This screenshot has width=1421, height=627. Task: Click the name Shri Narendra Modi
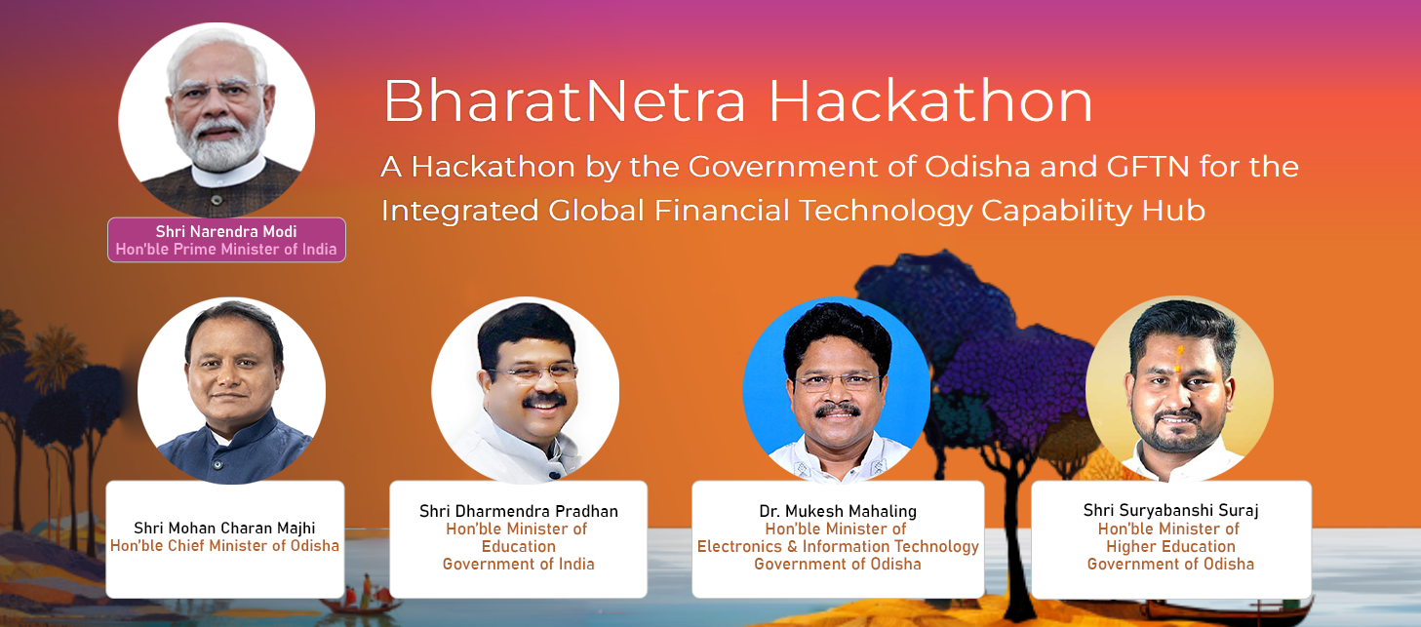tap(226, 231)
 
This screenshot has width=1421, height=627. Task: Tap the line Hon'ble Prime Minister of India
tap(226, 250)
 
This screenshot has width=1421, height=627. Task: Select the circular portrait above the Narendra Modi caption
tap(217, 119)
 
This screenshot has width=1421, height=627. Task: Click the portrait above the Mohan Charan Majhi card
tap(231, 390)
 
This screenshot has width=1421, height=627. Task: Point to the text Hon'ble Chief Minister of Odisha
tap(224, 546)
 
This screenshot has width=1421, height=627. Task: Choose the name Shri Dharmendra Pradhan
tap(519, 511)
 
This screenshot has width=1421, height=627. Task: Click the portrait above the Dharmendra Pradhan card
tap(525, 390)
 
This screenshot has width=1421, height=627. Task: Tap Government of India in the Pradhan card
tap(519, 565)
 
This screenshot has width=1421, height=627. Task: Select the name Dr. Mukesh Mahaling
tap(838, 511)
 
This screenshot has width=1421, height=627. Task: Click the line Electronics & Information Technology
tap(838, 547)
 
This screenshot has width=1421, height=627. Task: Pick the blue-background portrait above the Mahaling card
tap(836, 390)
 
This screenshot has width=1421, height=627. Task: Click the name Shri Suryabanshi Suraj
tap(1170, 511)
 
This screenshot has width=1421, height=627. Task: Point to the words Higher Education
tap(1170, 547)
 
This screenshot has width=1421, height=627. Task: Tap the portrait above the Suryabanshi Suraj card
tap(1179, 390)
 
